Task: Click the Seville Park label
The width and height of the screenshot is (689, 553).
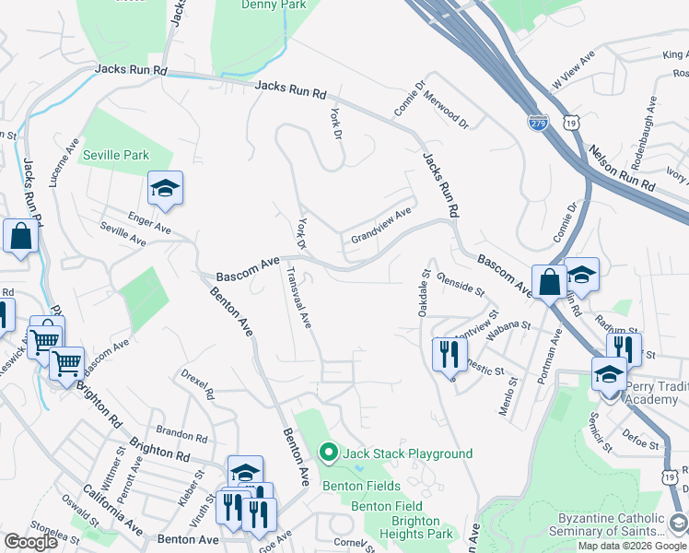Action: coord(115,155)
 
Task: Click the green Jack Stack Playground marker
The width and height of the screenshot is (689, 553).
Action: coord(327,453)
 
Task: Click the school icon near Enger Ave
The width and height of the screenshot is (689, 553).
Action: coord(165,188)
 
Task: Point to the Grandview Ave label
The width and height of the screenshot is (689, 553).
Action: coord(380,227)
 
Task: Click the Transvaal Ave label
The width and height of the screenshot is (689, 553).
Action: coord(300,298)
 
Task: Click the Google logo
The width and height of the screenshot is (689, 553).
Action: coord(30,542)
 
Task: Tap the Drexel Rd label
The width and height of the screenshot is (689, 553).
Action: coord(197,384)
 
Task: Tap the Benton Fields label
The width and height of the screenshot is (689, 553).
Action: coord(361,486)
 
